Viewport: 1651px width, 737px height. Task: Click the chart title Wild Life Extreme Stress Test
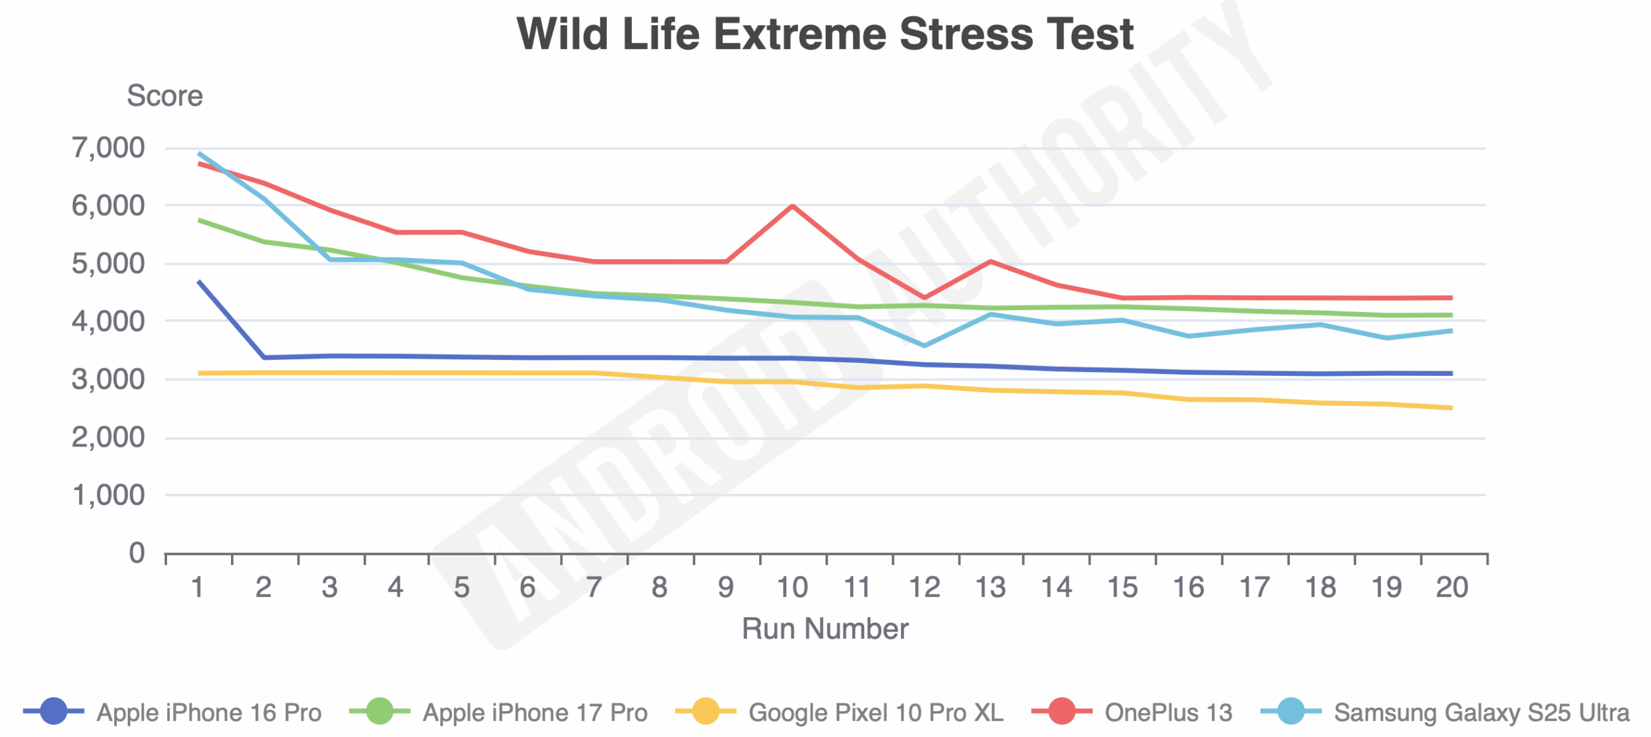[x=825, y=34]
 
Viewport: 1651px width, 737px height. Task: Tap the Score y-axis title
[x=164, y=96]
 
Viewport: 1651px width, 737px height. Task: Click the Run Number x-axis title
[x=825, y=628]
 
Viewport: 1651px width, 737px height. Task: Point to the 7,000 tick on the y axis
[x=108, y=148]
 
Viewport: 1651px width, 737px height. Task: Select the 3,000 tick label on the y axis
[x=108, y=379]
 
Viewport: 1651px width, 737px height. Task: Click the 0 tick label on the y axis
[x=137, y=553]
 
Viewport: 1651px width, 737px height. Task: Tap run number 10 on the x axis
[x=792, y=587]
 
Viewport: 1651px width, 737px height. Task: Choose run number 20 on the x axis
[x=1452, y=587]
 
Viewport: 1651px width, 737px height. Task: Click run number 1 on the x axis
[x=198, y=587]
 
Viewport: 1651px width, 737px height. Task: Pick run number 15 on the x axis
[x=1122, y=587]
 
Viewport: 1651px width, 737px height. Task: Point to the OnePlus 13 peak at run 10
[x=792, y=206]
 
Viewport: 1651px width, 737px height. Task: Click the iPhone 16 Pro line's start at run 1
[x=199, y=281]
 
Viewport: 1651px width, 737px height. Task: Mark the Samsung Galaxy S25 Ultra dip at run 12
[x=924, y=346]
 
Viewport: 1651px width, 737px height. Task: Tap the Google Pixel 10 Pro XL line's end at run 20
[x=1451, y=408]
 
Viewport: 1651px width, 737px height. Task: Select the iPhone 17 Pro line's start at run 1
[x=199, y=220]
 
